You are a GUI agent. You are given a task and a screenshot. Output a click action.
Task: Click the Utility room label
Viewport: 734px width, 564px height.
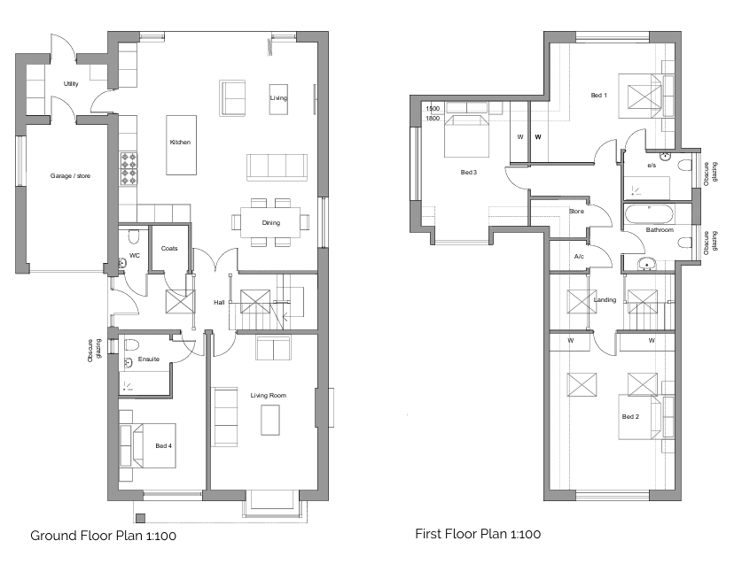[71, 84]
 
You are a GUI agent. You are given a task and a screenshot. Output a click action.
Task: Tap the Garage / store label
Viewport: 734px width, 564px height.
[70, 176]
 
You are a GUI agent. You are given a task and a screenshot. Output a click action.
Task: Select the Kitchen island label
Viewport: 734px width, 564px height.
[180, 143]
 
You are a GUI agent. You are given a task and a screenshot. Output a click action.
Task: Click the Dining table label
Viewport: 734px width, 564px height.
[271, 222]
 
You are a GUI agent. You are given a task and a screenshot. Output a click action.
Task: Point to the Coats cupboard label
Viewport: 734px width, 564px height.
[169, 248]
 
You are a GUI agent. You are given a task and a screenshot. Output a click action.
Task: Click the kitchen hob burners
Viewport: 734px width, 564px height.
[129, 169]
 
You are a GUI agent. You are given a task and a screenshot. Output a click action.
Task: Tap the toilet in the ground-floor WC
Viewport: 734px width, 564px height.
[134, 236]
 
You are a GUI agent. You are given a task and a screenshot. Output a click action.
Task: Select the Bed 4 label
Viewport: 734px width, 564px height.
[164, 445]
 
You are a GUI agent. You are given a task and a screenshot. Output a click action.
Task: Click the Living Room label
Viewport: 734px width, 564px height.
[269, 395]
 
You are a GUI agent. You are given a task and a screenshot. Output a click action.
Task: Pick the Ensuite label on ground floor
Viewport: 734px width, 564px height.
[149, 359]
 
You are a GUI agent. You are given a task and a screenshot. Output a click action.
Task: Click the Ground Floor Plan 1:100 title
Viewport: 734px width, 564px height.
[104, 536]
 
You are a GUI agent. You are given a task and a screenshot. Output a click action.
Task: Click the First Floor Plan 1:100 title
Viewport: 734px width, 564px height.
[478, 534]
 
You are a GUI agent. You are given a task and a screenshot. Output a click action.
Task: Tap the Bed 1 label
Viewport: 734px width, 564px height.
[599, 96]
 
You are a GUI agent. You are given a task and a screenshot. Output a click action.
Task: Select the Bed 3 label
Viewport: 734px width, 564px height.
[469, 173]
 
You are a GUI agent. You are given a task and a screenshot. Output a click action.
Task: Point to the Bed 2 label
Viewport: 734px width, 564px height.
[630, 417]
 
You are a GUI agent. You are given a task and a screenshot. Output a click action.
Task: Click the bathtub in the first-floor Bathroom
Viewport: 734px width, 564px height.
[650, 215]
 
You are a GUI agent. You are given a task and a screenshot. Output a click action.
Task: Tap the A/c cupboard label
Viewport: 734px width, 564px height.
[579, 257]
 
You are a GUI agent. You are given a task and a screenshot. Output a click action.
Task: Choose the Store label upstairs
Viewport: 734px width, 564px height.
[577, 212]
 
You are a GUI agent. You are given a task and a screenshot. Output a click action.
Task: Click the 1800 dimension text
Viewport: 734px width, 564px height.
[433, 119]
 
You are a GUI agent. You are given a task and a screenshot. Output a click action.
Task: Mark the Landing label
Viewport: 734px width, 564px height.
[605, 300]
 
